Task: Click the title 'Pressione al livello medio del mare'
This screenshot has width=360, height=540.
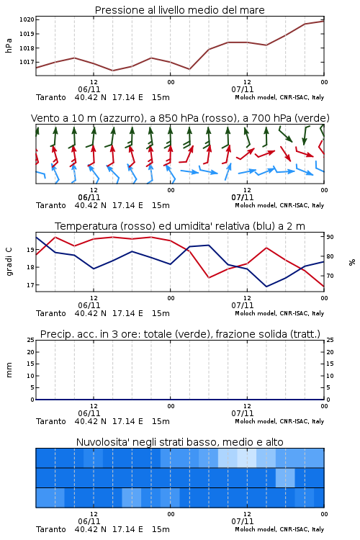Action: point(179,10)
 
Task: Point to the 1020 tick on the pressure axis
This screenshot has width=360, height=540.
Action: point(27,19)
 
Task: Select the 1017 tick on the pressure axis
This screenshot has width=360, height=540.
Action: point(27,62)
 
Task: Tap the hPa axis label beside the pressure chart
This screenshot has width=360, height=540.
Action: point(9,45)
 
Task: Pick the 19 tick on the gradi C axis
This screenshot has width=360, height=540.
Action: point(30,250)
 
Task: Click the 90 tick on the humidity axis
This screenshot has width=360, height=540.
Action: point(330,237)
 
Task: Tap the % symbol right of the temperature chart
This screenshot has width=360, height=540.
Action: point(352,262)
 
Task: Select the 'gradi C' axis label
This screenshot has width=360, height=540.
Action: point(9,261)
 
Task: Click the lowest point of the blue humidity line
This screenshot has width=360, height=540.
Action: point(266,287)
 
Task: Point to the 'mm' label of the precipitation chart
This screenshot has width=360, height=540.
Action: point(9,369)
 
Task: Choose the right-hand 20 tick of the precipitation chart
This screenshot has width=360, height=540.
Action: point(330,352)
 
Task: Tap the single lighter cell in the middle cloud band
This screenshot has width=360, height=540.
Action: point(285,477)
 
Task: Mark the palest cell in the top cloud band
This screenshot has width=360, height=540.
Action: point(247,458)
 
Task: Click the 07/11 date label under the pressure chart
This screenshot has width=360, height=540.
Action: point(243,89)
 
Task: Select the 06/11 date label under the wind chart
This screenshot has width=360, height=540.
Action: point(89,197)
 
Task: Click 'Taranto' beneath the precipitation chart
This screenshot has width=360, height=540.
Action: point(51,421)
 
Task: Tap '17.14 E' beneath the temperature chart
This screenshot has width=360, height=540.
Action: point(127,313)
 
